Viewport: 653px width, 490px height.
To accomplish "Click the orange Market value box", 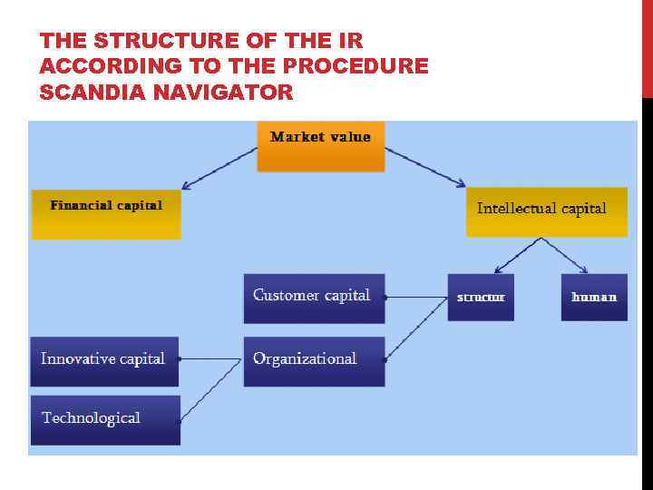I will (320, 147).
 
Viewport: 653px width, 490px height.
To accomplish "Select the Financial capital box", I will (106, 214).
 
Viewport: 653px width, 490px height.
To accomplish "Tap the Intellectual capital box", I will (546, 212).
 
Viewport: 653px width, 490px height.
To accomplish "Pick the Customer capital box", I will (314, 299).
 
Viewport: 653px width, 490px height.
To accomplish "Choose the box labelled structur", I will (481, 298).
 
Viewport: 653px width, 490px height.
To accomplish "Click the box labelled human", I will (594, 298).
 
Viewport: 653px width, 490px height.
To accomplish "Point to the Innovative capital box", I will (104, 361).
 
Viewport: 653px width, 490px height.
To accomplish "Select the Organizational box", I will (314, 361).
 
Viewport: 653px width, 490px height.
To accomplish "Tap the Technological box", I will (105, 420).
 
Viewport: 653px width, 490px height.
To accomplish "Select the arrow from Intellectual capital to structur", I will (517, 255).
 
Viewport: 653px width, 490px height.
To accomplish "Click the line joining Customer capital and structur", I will (416, 297).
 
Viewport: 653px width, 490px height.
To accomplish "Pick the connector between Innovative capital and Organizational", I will (210, 359).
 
